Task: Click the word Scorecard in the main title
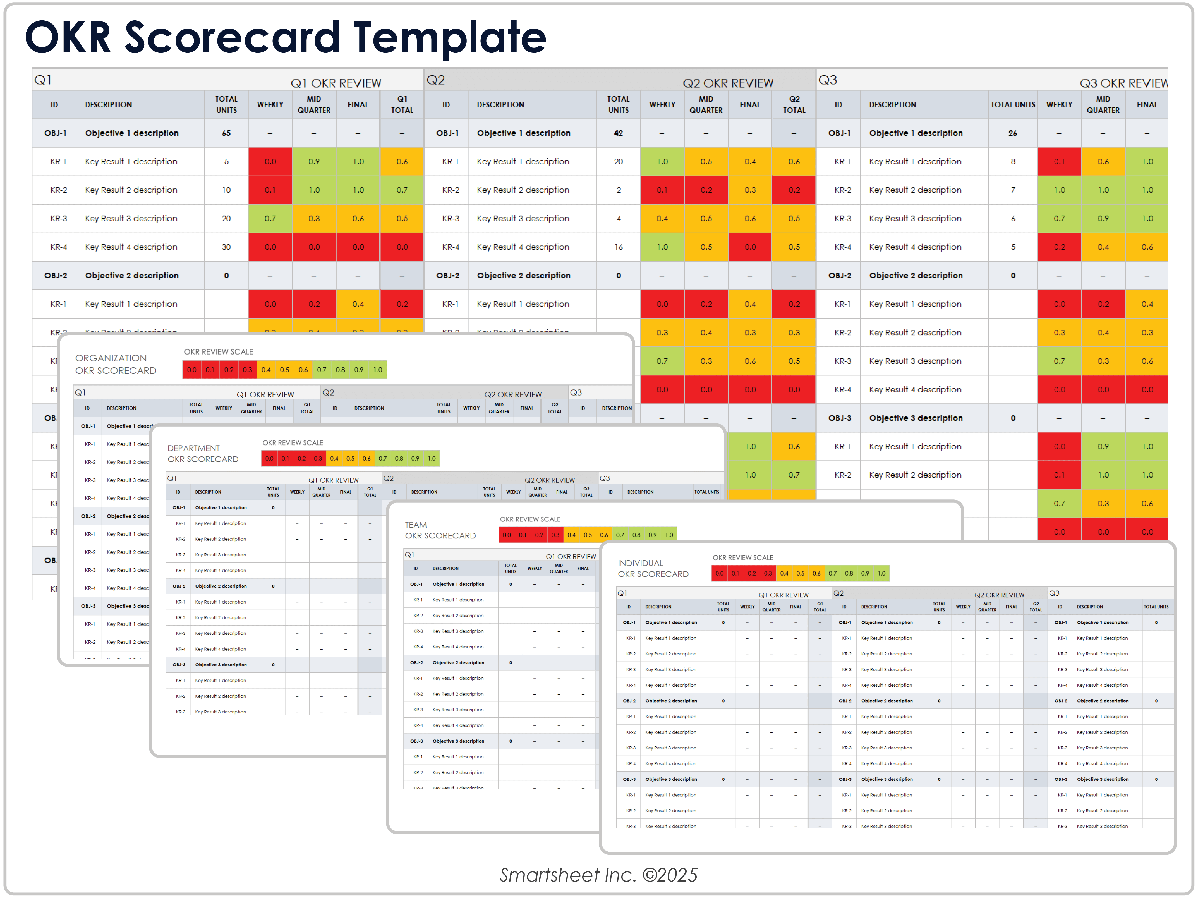(x=235, y=38)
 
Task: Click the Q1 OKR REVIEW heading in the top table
(x=336, y=83)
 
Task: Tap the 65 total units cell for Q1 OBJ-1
(x=226, y=133)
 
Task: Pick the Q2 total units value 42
(x=618, y=133)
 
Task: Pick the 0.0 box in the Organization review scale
(x=192, y=370)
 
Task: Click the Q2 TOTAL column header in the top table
(x=794, y=104)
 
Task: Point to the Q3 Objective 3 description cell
(x=915, y=418)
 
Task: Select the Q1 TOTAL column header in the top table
(x=402, y=104)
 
